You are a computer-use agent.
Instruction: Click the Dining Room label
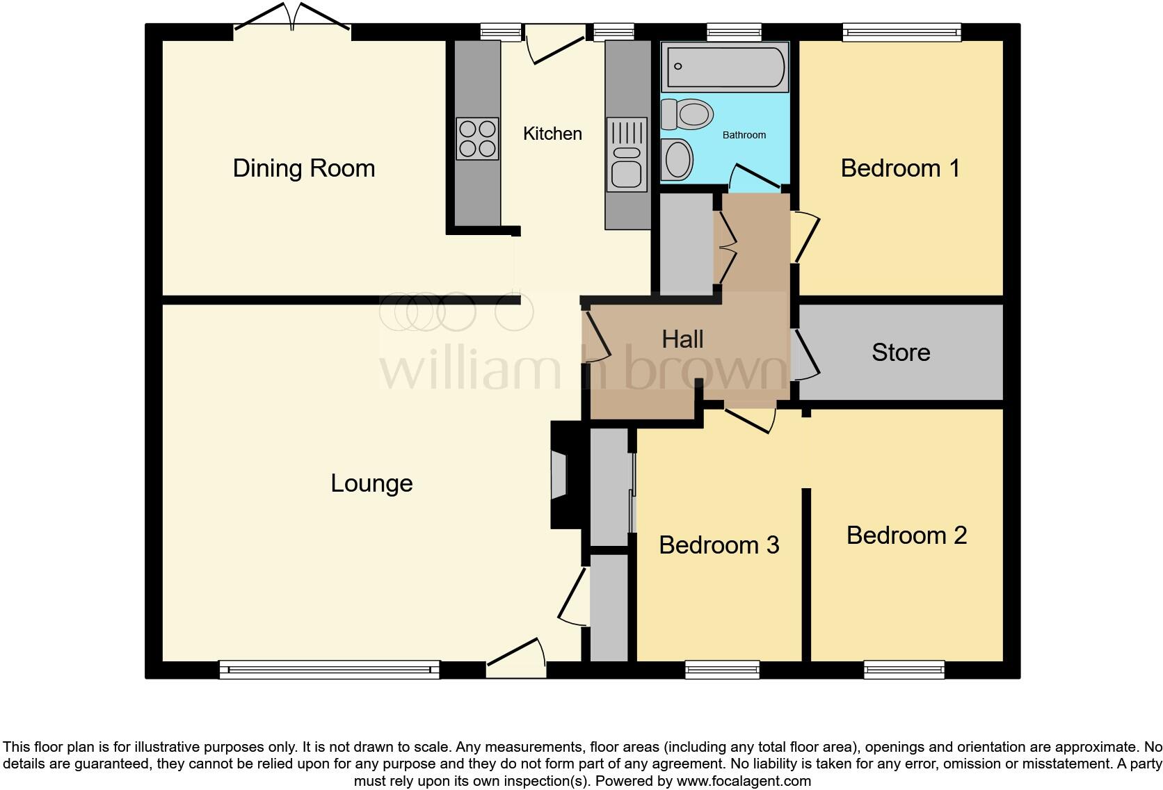pos(304,168)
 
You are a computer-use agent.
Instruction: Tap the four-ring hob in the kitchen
pos(477,139)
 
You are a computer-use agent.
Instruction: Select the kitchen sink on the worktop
pos(627,154)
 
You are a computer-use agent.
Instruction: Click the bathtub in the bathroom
pos(725,67)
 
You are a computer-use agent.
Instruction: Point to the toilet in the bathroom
pos(687,114)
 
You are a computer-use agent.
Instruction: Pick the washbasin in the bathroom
pos(677,159)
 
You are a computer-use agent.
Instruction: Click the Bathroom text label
pos(744,135)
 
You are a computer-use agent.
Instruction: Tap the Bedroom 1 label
pos(900,168)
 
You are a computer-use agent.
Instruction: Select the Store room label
pos(901,353)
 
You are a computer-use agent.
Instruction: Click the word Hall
pos(682,339)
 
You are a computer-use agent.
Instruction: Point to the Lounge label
pos(371,483)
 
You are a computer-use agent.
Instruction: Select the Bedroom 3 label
pos(719,545)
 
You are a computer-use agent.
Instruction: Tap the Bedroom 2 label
pos(906,535)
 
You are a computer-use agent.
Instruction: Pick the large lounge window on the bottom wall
pos(330,670)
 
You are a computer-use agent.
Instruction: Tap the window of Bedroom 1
pos(901,31)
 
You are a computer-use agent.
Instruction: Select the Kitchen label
pos(552,134)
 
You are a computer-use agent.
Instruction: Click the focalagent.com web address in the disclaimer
pos(744,781)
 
